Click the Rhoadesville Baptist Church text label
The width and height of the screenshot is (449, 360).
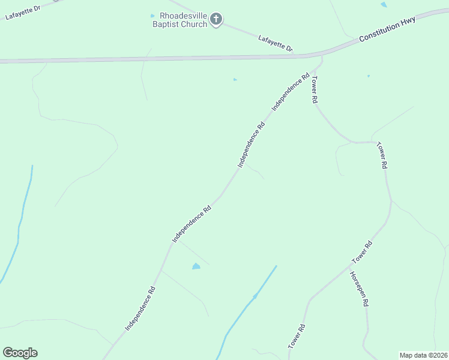[x=179, y=20]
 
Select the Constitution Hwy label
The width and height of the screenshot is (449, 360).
[x=387, y=29]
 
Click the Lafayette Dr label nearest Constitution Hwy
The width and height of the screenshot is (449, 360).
[x=275, y=43]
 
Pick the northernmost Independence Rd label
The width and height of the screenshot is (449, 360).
[x=291, y=92]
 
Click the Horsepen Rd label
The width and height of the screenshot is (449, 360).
[x=358, y=289]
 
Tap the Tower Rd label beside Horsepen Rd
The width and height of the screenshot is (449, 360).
[x=363, y=252]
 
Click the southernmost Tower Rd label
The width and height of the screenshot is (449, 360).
[x=297, y=337]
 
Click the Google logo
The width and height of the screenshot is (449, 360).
[x=20, y=353]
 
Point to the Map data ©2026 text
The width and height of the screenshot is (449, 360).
[x=423, y=355]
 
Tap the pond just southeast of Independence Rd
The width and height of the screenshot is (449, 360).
[x=196, y=266]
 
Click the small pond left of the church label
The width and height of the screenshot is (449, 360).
[x=152, y=16]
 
